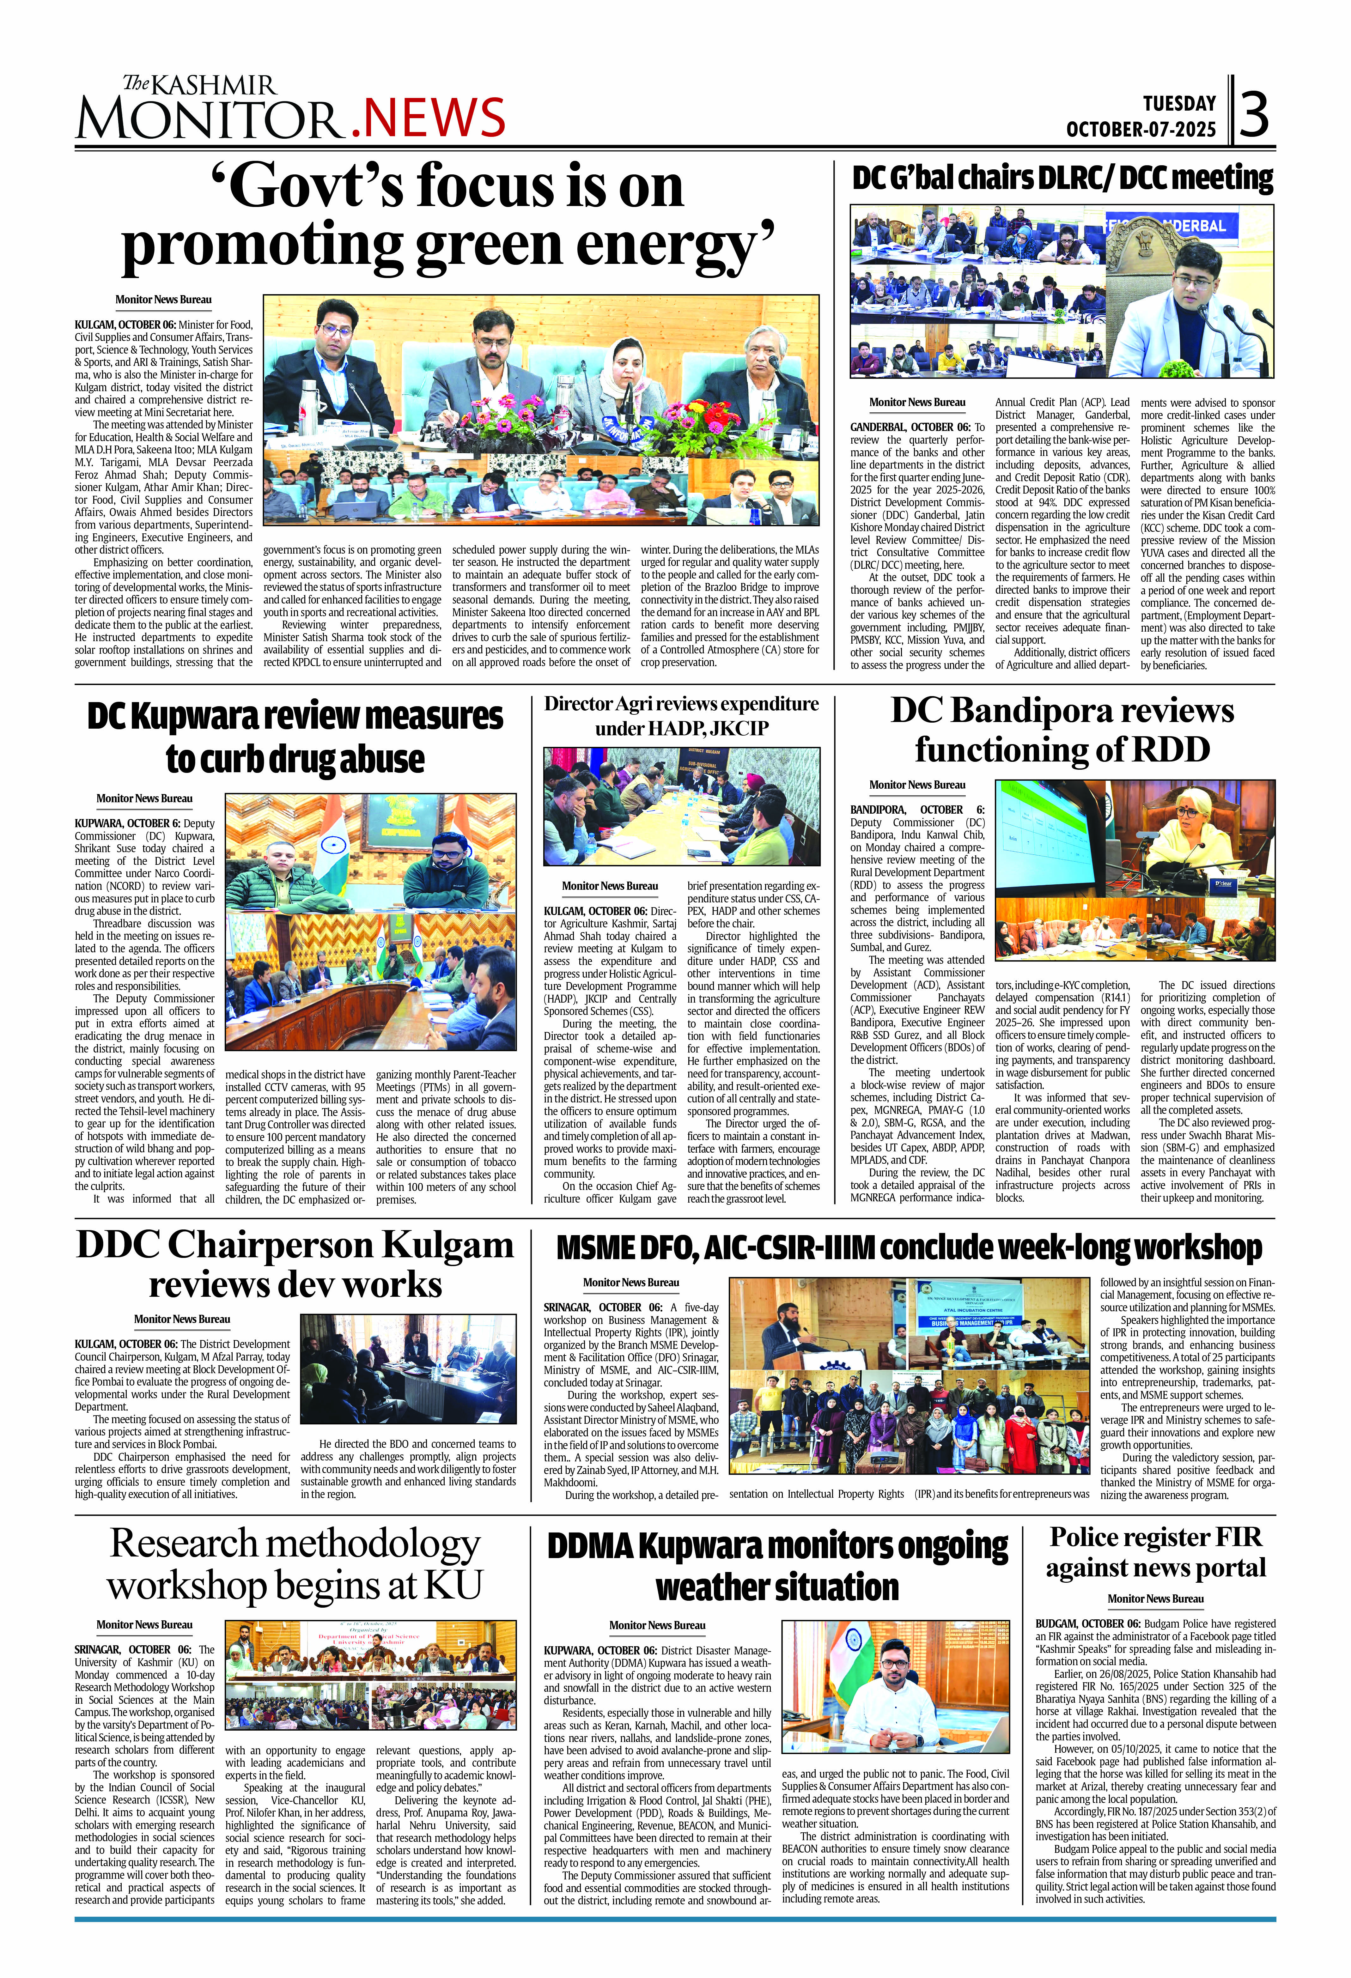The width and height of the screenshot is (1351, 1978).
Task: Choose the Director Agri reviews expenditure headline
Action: (681, 716)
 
